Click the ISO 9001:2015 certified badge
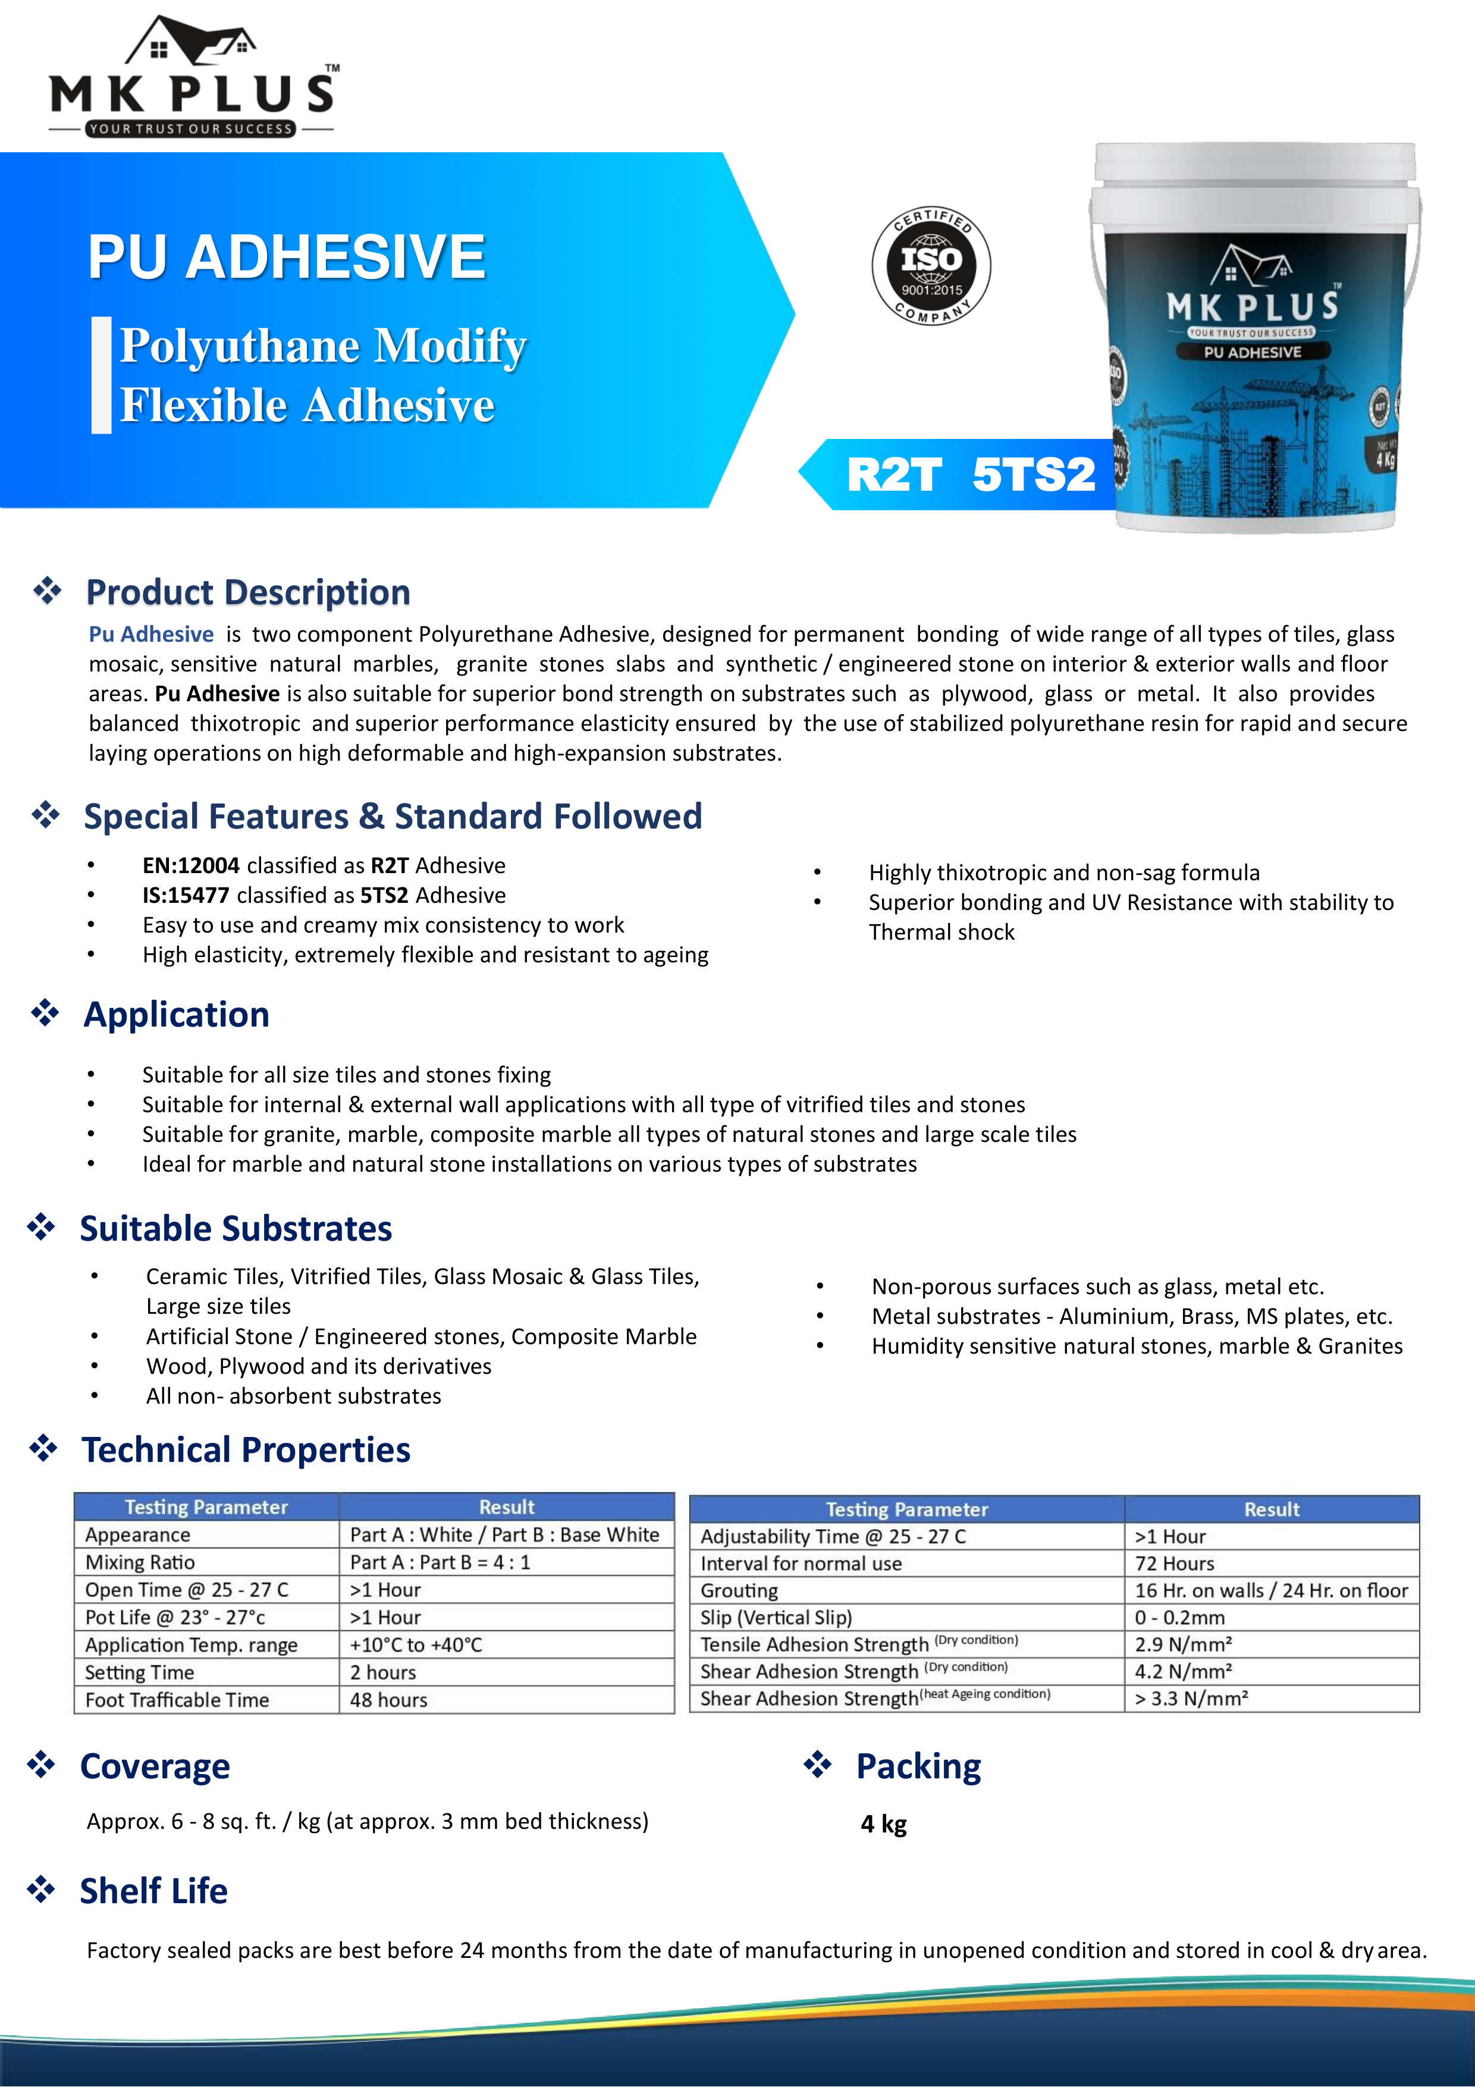(931, 265)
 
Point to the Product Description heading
(247, 592)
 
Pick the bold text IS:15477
(186, 895)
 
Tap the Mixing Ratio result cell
(440, 1562)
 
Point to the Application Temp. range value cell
(416, 1645)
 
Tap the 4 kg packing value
(883, 1824)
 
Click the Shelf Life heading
(153, 1891)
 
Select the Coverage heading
(155, 1766)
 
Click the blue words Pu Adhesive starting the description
(151, 635)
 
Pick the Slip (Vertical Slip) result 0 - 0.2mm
(1179, 1618)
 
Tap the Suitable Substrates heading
(236, 1229)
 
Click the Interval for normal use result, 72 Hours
(1174, 1564)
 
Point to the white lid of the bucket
(1254, 164)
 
